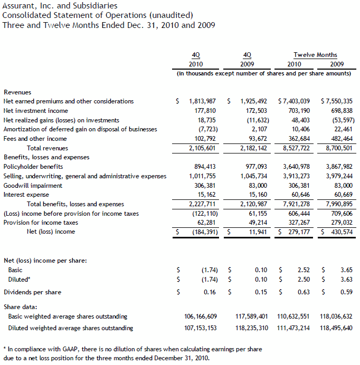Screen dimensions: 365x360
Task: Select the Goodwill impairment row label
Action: tap(33, 186)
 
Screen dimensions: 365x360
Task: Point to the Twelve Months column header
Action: tap(315, 55)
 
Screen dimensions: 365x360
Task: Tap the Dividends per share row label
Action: tap(32, 292)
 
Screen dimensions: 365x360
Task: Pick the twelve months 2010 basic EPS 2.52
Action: tap(304, 270)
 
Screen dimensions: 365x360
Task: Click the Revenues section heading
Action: tap(17, 92)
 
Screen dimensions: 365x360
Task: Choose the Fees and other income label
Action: tap(35, 139)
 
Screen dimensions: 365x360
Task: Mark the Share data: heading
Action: tap(21, 306)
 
